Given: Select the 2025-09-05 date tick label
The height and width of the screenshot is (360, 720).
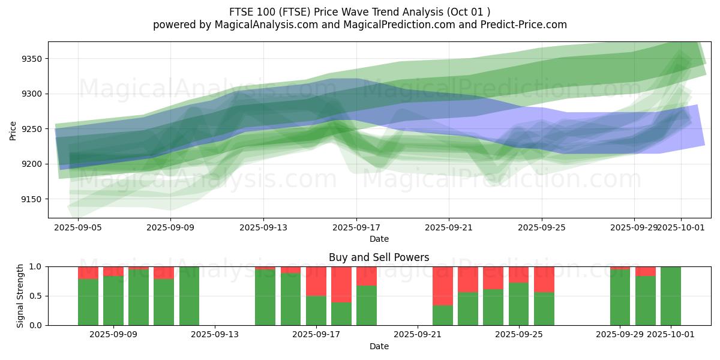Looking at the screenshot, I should tap(77, 228).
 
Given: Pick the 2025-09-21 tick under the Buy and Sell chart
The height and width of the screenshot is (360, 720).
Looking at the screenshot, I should tap(418, 335).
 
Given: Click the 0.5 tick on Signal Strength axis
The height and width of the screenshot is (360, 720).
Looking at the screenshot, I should tap(36, 296).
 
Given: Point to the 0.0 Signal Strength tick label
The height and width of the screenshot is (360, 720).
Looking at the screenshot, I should tap(36, 325).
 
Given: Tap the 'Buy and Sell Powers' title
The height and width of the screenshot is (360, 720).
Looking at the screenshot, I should tap(379, 257).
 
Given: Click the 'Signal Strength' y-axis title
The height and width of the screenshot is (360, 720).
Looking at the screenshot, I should tap(20, 296).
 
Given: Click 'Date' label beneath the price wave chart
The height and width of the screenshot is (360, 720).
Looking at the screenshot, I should tap(379, 239).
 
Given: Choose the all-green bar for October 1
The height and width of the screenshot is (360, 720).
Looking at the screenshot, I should tap(670, 296).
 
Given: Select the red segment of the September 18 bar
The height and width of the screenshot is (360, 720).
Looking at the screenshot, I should tap(341, 284).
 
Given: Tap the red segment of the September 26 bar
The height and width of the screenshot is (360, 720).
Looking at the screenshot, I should tap(544, 279).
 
